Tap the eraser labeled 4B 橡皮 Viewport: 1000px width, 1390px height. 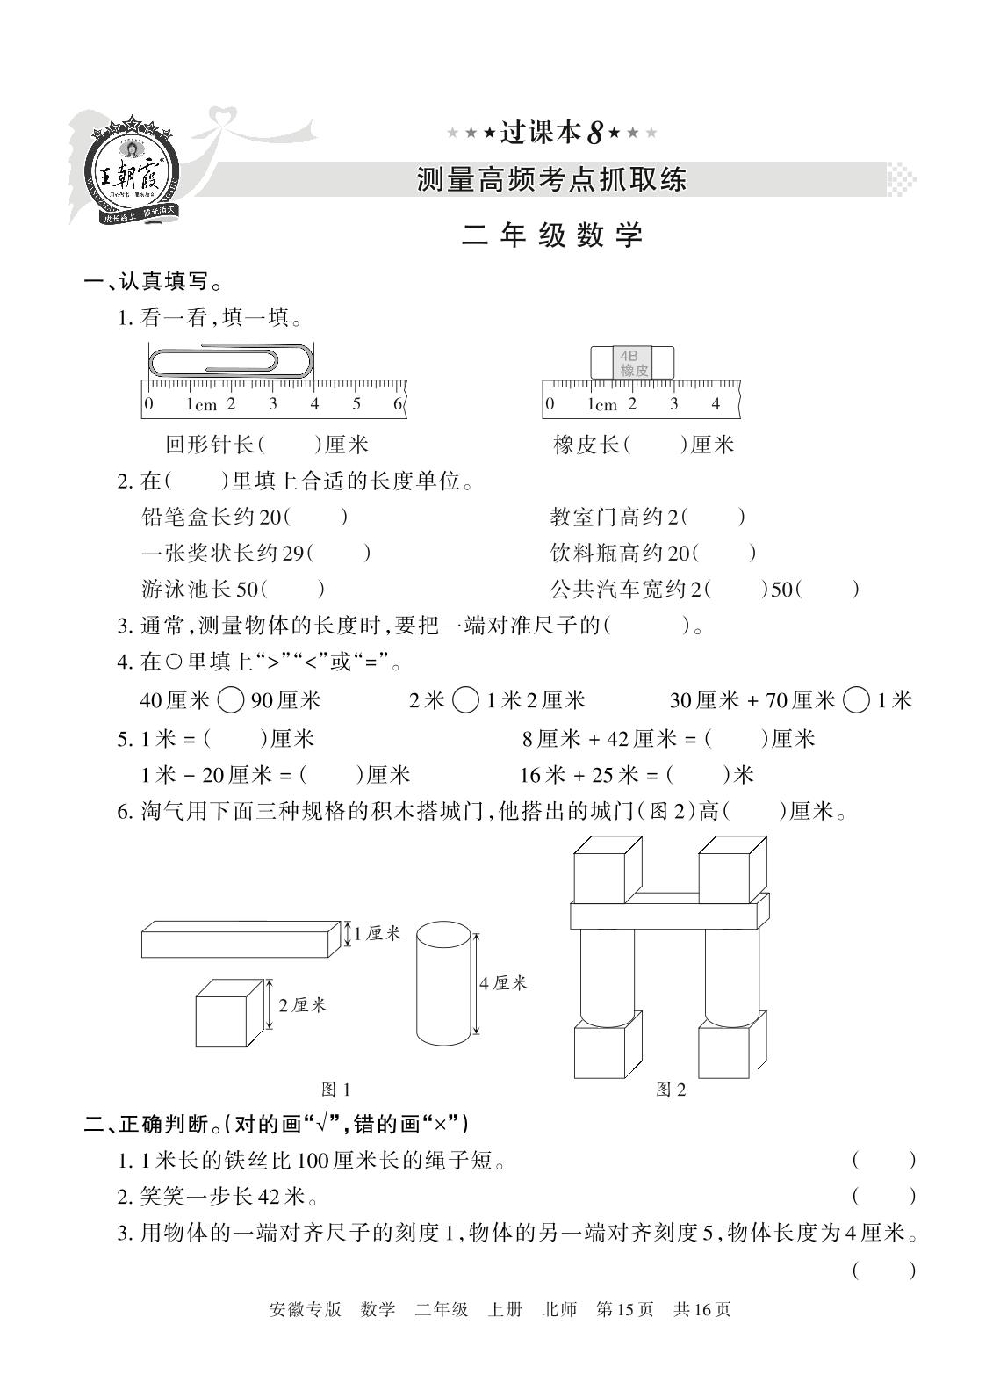click(x=633, y=363)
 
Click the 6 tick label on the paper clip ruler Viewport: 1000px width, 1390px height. click(x=397, y=404)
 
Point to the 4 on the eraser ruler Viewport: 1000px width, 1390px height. click(x=716, y=404)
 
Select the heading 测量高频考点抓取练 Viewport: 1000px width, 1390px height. click(x=551, y=180)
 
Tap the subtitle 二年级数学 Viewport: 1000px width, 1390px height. click(x=552, y=235)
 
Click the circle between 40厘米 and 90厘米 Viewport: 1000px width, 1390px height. click(x=230, y=700)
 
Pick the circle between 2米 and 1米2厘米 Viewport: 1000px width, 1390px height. click(x=465, y=700)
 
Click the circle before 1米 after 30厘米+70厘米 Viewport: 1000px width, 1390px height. click(x=855, y=700)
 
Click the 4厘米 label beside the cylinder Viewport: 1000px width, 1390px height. click(x=504, y=984)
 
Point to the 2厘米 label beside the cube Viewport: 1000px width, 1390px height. click(x=303, y=1005)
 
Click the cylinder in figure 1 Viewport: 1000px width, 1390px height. click(x=443, y=981)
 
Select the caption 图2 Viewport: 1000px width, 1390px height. click(x=671, y=1090)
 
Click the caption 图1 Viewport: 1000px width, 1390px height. click(x=336, y=1090)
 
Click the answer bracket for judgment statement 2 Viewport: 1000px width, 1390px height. click(x=883, y=1196)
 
